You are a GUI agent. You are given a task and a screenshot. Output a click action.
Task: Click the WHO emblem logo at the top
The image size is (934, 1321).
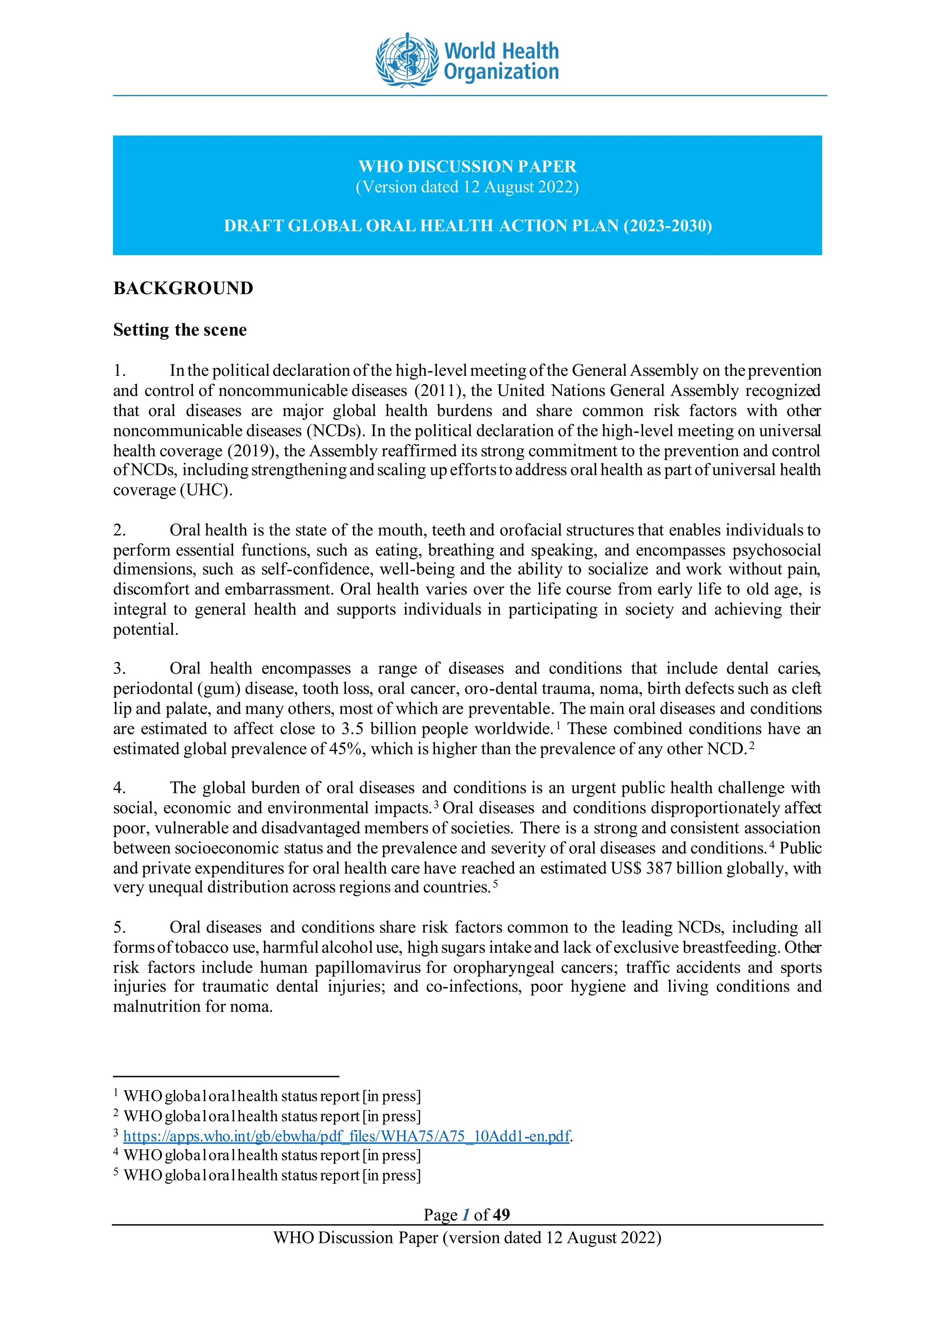406,60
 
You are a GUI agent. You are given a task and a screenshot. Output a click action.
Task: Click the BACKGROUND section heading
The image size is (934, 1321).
183,288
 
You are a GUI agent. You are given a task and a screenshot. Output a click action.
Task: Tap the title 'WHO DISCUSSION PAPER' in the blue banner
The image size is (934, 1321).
467,166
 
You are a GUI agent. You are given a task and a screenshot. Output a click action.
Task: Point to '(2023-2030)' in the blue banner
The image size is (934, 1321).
668,225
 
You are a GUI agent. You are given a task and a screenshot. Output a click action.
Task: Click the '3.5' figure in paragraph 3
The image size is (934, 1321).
352,729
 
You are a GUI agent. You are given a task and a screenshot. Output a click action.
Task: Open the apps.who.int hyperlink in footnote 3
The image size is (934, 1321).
346,1136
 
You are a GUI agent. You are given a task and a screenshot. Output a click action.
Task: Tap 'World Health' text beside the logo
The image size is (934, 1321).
501,51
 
